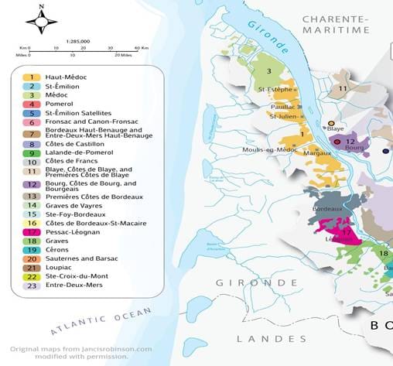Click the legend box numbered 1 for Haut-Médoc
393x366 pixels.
point(31,77)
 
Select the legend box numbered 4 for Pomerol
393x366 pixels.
point(31,104)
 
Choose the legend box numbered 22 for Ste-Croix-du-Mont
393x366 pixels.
point(31,276)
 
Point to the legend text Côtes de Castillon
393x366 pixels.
point(78,144)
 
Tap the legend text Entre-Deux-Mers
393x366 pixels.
point(74,286)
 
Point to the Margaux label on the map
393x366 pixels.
point(306,153)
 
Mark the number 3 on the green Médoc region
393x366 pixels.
point(268,71)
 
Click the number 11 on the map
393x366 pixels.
point(344,89)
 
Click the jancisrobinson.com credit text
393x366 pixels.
point(78,350)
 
